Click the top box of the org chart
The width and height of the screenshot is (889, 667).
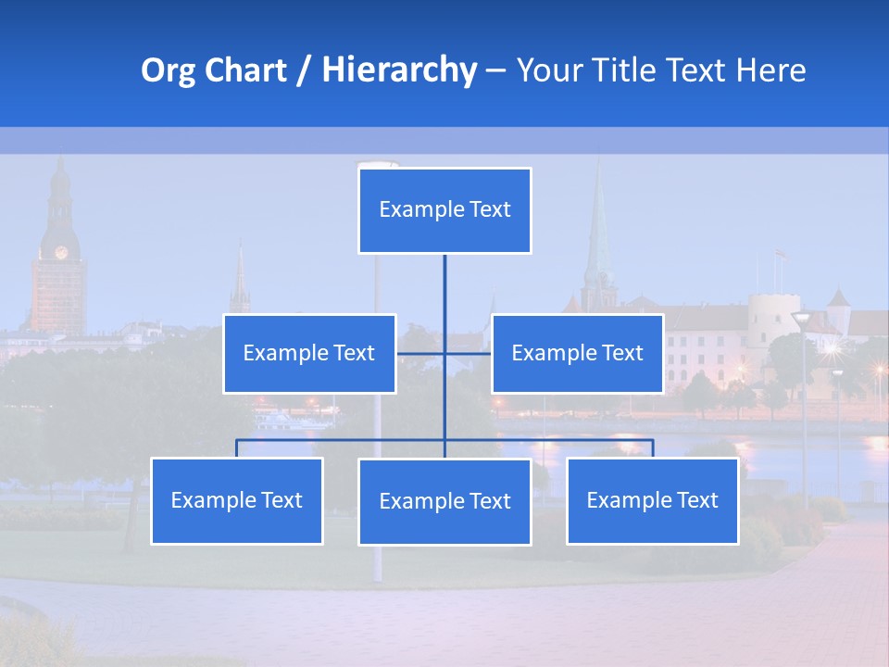pos(444,210)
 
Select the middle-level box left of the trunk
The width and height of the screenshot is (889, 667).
pos(309,353)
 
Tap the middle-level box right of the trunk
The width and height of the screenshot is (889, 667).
pos(577,353)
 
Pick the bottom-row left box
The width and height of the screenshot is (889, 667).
pos(237,500)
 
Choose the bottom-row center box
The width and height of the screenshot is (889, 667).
pos(444,501)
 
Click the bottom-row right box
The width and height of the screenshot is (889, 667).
pos(652,500)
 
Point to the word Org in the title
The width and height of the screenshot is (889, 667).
pos(168,70)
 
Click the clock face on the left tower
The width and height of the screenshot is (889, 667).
pos(61,252)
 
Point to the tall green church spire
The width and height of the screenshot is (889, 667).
pos(598,232)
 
